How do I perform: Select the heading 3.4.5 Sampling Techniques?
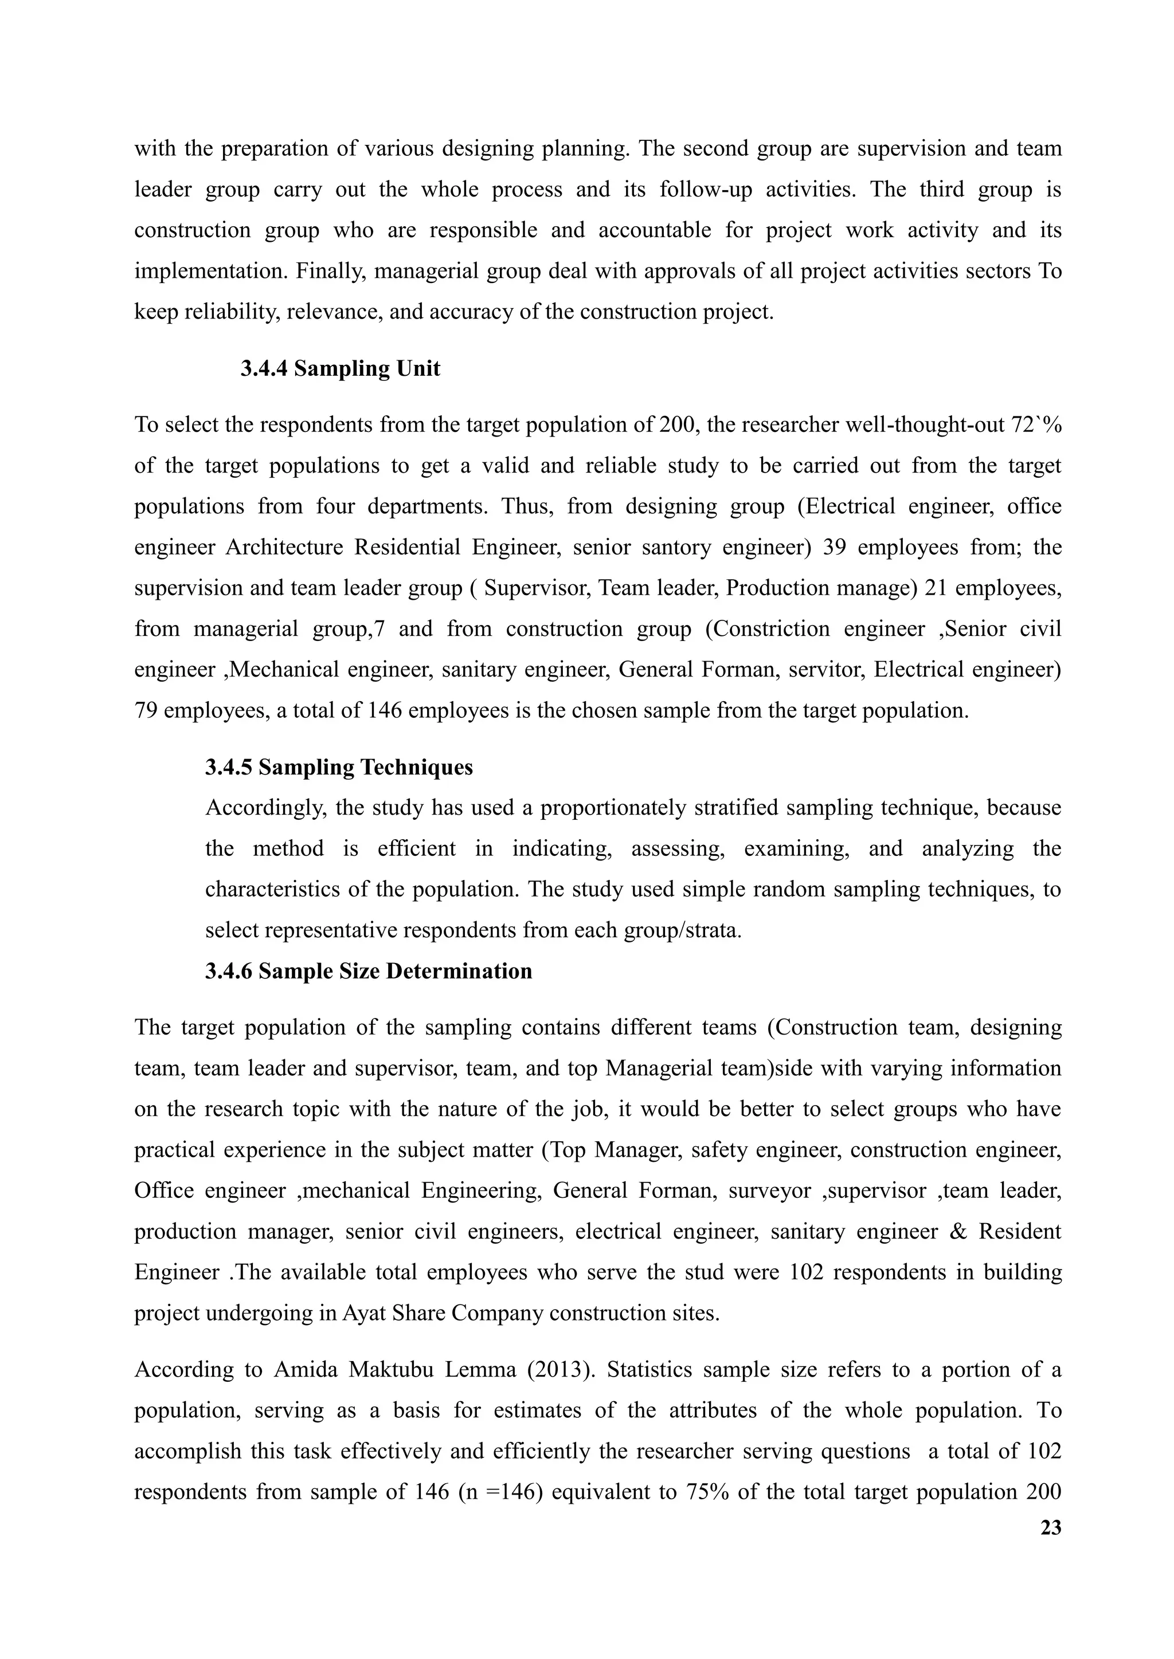point(338,766)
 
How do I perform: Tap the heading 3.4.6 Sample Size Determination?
point(368,970)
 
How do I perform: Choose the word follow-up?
point(706,189)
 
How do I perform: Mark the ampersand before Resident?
point(958,1231)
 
